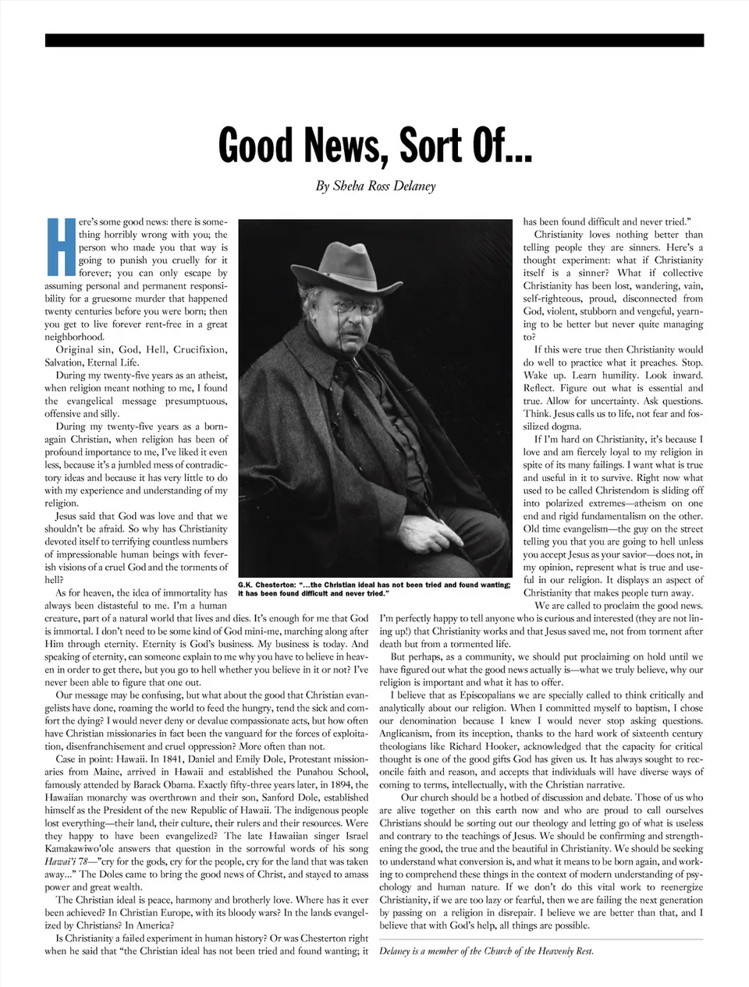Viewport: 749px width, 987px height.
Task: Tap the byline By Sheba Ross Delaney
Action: (375, 186)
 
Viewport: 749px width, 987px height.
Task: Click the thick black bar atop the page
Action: (374, 41)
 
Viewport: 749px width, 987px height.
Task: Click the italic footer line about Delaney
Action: (487, 950)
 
